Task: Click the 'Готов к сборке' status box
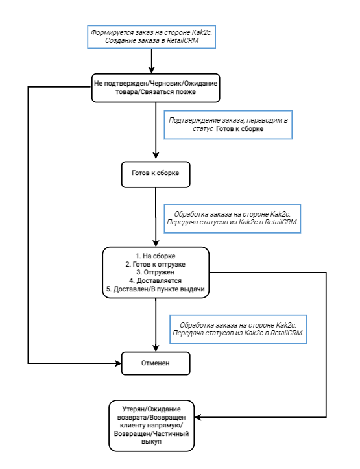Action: click(x=156, y=174)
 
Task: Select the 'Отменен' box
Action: click(x=156, y=363)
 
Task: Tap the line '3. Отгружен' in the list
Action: click(x=155, y=272)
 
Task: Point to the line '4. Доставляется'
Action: click(x=155, y=281)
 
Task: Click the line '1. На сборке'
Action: click(x=155, y=256)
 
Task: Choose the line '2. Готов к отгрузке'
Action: click(x=155, y=264)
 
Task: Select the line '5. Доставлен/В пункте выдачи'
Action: click(x=155, y=289)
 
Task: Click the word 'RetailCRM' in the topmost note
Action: click(x=182, y=40)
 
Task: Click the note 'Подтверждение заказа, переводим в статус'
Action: click(x=228, y=125)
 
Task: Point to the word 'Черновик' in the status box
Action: click(x=164, y=84)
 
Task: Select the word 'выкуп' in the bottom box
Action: click(x=151, y=442)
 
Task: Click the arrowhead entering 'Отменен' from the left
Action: click(x=119, y=363)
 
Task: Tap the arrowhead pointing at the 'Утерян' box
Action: click(x=198, y=417)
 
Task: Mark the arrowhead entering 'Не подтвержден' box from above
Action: click(x=152, y=70)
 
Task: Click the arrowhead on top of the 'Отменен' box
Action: click(x=156, y=348)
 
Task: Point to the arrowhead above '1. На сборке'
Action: click(x=156, y=243)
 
